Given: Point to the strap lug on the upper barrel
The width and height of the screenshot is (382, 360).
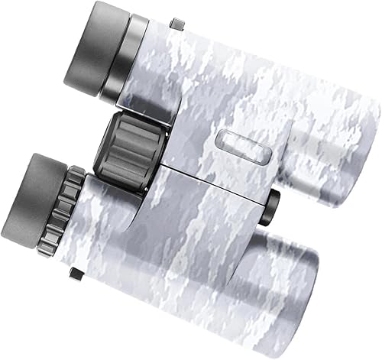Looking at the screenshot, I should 176,23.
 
